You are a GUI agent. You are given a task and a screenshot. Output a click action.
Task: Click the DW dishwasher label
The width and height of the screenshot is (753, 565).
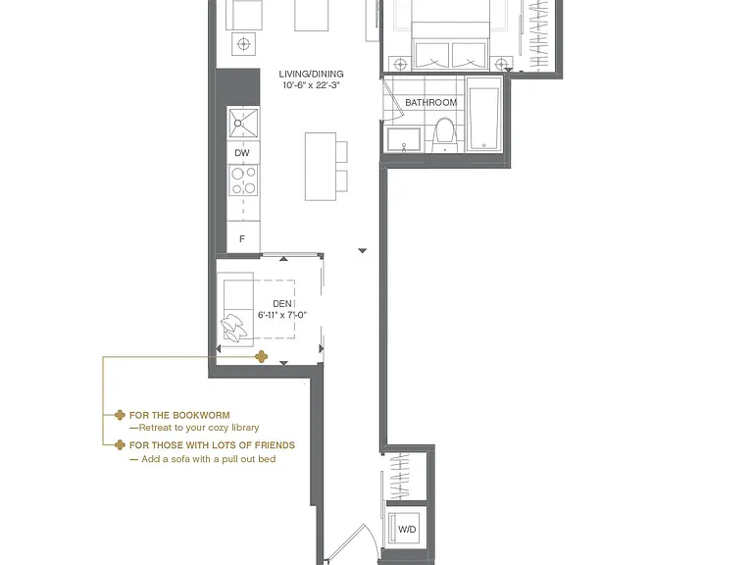[x=242, y=153]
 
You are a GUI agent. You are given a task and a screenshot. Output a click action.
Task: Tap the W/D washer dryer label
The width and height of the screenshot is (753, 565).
[x=407, y=530]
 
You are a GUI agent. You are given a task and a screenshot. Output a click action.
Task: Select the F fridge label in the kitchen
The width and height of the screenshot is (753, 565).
[x=242, y=238]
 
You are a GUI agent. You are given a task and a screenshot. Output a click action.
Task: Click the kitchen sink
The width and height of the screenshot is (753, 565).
[x=243, y=124]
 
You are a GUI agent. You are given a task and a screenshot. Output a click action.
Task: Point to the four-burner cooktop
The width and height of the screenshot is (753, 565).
[x=243, y=180]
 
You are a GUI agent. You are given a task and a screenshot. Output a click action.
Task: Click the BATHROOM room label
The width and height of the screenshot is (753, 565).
[x=430, y=102]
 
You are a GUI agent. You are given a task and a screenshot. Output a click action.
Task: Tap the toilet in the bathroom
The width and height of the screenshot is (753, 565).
[x=444, y=133]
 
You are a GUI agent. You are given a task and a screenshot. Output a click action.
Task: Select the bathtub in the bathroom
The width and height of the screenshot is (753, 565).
[x=484, y=115]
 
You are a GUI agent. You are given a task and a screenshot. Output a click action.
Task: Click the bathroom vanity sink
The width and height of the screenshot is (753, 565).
[x=404, y=139]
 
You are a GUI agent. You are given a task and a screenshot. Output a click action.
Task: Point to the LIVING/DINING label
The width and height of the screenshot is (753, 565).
[x=311, y=74]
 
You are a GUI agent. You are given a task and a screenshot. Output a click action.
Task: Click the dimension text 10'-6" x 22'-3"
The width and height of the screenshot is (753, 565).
[x=311, y=85]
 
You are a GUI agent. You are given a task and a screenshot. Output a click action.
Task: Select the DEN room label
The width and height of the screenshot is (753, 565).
[x=282, y=304]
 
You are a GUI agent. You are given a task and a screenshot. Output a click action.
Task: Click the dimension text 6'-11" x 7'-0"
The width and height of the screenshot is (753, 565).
[x=282, y=315]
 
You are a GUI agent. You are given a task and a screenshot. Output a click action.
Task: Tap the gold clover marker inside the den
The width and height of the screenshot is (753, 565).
[x=261, y=356]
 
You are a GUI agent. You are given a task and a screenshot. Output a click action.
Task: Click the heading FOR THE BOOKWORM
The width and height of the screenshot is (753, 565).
[x=179, y=415]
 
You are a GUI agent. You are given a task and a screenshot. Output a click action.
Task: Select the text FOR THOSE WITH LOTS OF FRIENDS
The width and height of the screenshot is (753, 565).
[x=212, y=445]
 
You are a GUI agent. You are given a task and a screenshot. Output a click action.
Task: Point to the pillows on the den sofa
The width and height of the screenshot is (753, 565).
[x=234, y=329]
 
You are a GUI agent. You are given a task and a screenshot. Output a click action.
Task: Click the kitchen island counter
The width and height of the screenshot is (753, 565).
[x=321, y=167]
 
